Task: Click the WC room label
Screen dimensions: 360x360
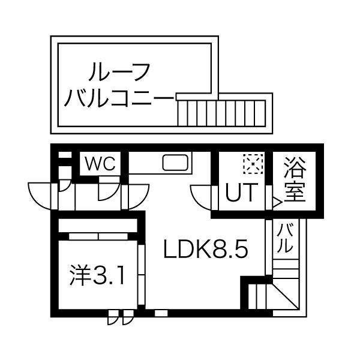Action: coord(100,163)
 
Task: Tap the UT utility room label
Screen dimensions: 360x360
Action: coord(241,192)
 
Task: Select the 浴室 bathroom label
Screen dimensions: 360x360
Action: coord(295,179)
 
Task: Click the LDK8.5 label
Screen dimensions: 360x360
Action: coord(205,248)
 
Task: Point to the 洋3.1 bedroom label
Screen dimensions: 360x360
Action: coord(98,275)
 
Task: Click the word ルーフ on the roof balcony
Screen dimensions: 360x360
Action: coord(119,71)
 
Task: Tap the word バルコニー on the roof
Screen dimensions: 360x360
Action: coord(118,98)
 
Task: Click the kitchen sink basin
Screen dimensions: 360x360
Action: coord(175,163)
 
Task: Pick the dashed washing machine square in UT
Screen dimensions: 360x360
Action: coord(253,164)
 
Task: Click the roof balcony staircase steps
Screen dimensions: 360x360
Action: coord(221,113)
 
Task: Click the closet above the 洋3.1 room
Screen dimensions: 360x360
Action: coord(98,226)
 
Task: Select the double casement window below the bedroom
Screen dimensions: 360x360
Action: coord(121,317)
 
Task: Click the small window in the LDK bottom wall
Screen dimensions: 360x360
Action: coord(161,313)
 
